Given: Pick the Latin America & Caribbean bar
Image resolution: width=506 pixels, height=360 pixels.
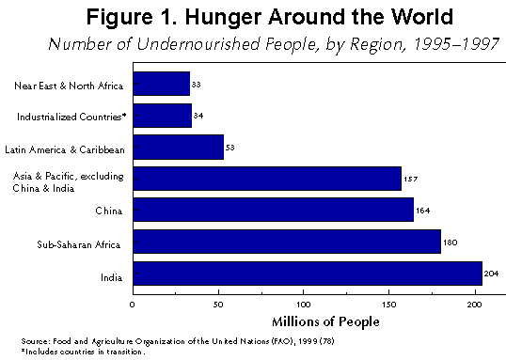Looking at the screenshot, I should click(179, 147).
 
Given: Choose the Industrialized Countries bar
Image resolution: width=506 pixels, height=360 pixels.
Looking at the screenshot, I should click(163, 116).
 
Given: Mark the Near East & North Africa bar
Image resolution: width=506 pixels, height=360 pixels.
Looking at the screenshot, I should click(162, 86).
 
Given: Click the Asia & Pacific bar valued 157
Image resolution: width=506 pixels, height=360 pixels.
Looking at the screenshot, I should click(267, 178).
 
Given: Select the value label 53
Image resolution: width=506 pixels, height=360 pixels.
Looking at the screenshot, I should click(231, 148).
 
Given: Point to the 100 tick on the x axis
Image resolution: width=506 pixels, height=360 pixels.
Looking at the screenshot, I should click(303, 305).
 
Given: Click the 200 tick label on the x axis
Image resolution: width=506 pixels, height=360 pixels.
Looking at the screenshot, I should click(474, 305).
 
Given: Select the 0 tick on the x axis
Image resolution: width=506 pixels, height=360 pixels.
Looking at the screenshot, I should click(133, 305).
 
